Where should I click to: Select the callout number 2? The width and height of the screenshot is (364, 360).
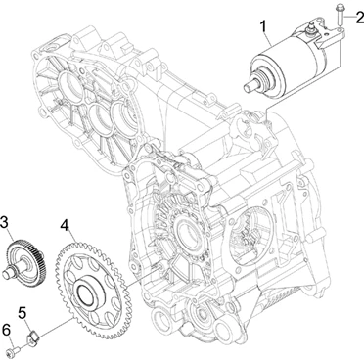point(359,16)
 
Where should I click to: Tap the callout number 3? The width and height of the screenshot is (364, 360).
point(4,223)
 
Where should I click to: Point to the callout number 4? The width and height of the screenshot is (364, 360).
point(65,225)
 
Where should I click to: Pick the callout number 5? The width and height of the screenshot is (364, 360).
point(22,314)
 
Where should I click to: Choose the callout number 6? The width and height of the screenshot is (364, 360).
point(6,332)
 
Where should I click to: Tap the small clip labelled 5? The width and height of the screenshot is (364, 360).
point(33,337)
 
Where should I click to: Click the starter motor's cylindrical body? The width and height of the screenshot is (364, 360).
point(284,68)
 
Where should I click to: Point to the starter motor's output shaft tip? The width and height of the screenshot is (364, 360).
point(247,88)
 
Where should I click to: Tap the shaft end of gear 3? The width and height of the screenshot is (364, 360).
point(7,274)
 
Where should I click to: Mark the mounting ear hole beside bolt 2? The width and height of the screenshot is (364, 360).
point(340,31)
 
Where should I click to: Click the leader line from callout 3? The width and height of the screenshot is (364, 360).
point(11,236)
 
